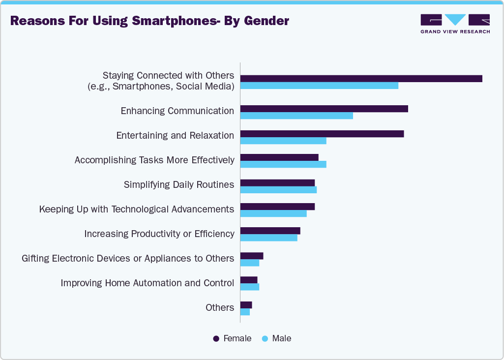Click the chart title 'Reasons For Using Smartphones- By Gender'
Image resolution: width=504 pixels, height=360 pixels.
(149, 21)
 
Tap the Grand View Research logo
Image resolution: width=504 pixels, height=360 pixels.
(455, 24)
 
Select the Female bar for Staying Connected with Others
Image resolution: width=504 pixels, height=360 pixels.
(361, 79)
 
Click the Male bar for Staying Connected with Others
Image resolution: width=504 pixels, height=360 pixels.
(319, 86)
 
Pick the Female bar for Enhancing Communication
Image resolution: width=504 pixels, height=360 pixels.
(324, 109)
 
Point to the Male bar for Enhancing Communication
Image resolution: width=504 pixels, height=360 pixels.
(296, 116)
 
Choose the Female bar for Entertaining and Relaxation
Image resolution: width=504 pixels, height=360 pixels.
(322, 134)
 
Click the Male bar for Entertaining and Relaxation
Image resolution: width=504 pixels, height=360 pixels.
(283, 141)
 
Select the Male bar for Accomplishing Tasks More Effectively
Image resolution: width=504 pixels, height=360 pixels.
(283, 165)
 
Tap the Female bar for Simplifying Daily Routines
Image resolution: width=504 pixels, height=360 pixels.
(277, 182)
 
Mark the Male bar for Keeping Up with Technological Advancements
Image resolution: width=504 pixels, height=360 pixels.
(273, 213)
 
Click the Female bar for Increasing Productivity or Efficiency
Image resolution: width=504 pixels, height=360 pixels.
(270, 231)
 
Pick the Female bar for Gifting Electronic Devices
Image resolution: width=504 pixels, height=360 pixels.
(252, 256)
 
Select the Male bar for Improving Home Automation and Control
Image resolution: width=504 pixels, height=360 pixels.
(249, 287)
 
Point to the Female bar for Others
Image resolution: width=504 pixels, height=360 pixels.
(246, 305)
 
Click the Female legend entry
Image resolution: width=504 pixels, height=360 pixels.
(232, 338)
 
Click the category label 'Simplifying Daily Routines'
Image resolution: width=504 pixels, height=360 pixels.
(178, 185)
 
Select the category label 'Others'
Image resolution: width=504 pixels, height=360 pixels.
(219, 308)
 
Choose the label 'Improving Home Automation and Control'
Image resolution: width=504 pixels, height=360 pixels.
(147, 283)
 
